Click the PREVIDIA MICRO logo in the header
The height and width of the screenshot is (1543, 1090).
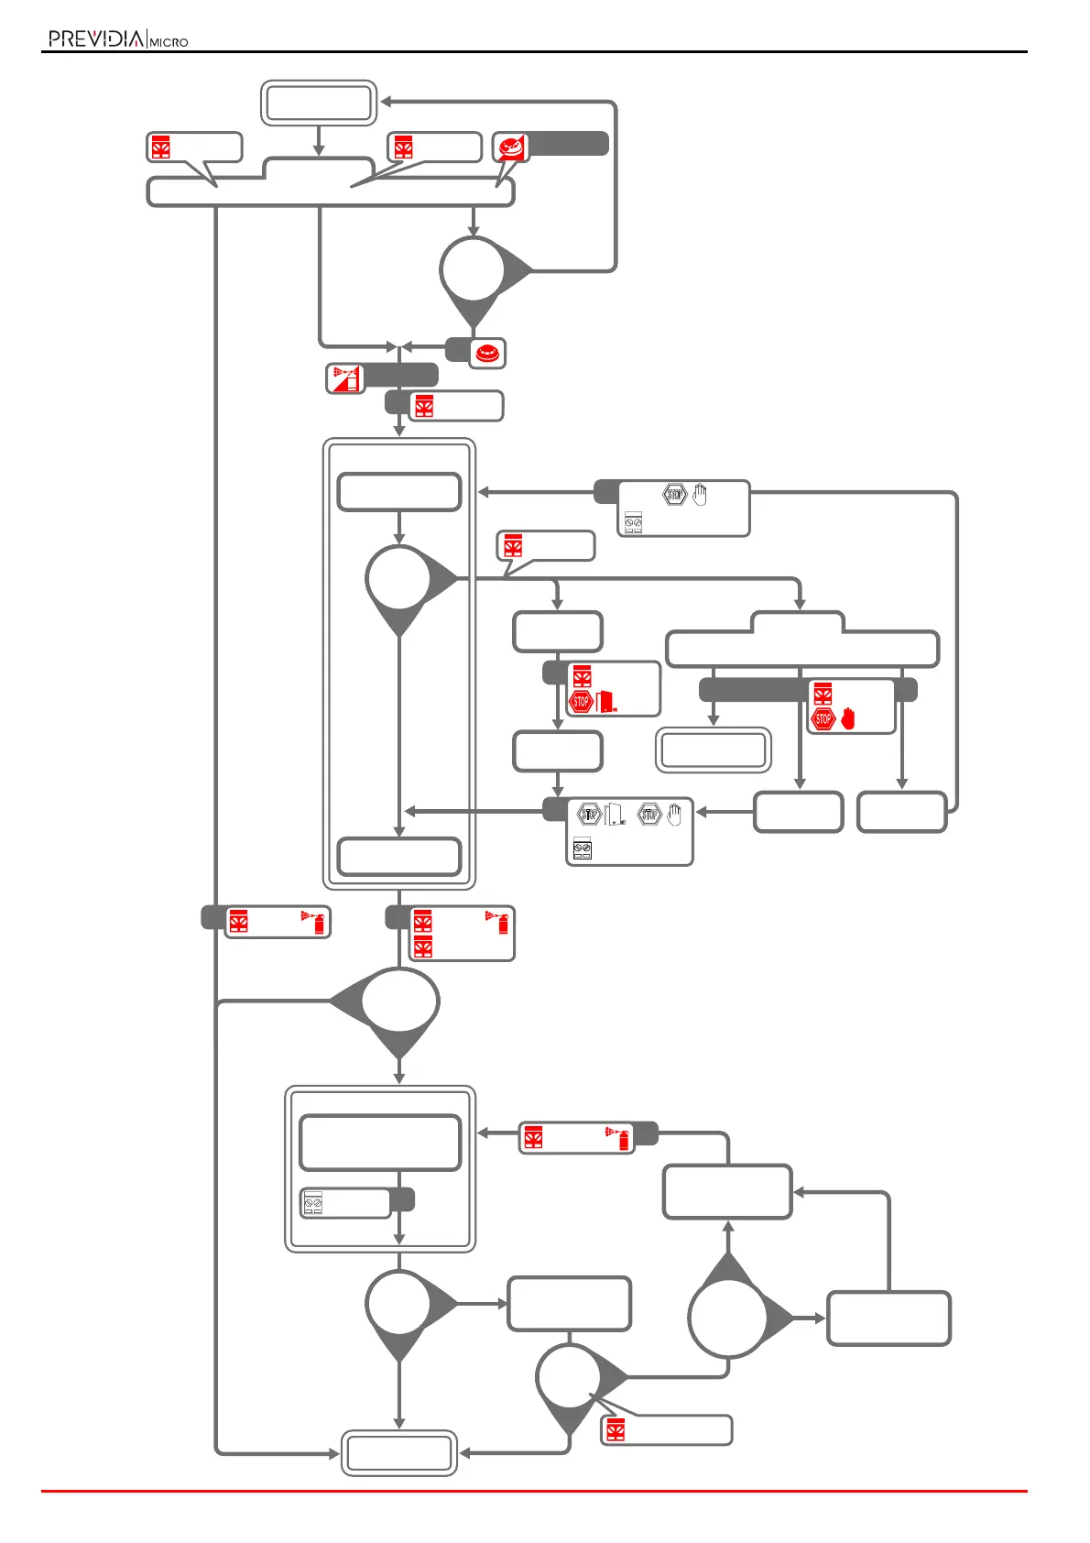tap(118, 38)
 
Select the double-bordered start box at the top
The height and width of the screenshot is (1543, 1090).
tap(319, 103)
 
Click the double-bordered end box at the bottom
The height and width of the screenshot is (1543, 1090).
tap(398, 1452)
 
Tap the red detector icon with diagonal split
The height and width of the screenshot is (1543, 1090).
tap(511, 147)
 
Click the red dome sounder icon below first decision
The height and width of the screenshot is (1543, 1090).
tap(487, 353)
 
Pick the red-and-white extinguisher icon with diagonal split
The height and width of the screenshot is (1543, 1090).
tap(345, 378)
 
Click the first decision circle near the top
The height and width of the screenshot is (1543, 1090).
tap(473, 271)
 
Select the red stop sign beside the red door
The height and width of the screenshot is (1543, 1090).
tap(581, 702)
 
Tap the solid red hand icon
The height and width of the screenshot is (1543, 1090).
tap(847, 719)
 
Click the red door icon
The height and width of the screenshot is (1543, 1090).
tap(605, 702)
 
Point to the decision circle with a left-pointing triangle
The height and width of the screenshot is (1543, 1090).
tap(399, 1001)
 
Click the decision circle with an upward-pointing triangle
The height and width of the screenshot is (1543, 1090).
tap(728, 1317)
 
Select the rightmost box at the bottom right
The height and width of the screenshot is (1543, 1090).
tap(888, 1319)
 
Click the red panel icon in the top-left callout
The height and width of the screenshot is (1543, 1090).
tap(161, 148)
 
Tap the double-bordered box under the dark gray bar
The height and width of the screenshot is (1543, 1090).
tap(714, 750)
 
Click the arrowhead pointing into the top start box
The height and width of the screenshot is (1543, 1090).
tap(387, 102)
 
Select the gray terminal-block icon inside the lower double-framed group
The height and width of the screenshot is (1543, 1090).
tap(313, 1203)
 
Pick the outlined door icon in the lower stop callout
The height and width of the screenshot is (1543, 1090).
tap(615, 814)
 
